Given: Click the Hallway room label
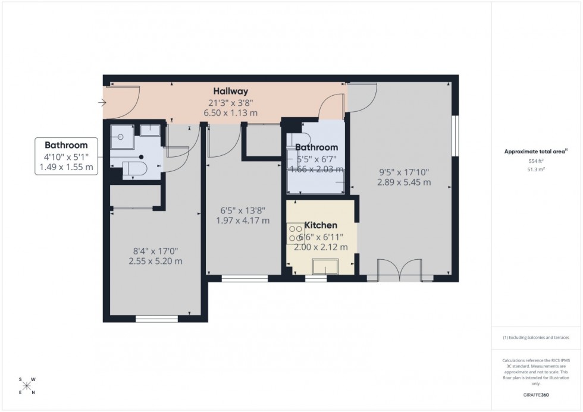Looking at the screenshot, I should tap(231, 92).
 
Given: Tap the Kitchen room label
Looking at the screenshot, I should tap(321, 225).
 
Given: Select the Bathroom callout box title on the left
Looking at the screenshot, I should tap(66, 145).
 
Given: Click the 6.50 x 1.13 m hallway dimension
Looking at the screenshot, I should tap(231, 112).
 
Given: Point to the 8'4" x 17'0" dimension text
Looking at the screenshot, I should tap(155, 250).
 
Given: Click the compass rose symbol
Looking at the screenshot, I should tap(27, 385).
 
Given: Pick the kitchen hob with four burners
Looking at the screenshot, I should tap(294, 233).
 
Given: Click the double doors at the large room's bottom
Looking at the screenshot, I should tap(402, 269).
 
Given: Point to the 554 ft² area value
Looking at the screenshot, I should tap(537, 161).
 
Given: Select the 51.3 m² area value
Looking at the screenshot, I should tap(537, 169).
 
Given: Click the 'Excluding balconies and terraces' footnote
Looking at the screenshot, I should tap(536, 338).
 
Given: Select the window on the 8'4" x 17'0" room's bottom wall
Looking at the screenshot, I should tap(156, 319).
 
